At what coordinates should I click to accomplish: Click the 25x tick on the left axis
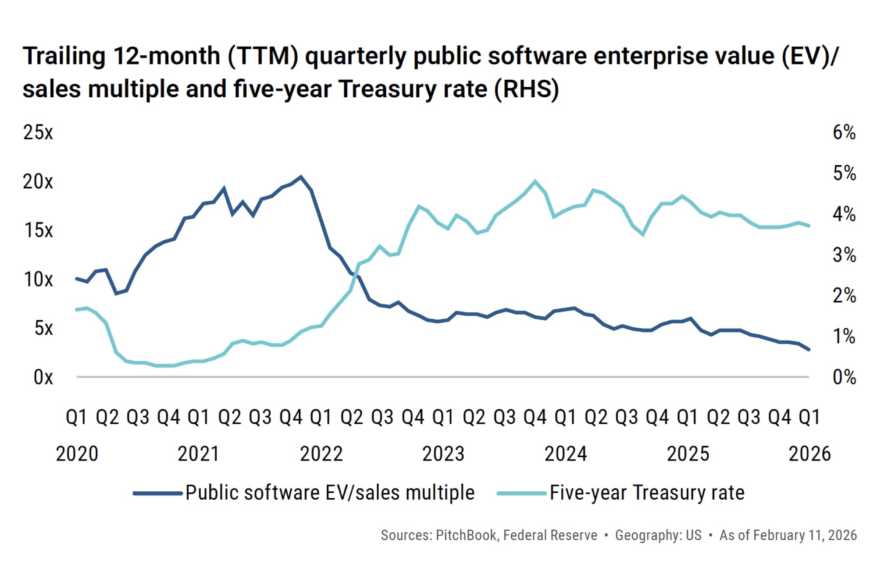click(x=38, y=132)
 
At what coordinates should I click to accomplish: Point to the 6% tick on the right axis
click(x=844, y=132)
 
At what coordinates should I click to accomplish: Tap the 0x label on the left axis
click(x=43, y=377)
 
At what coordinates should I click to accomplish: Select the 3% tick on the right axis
click(x=844, y=255)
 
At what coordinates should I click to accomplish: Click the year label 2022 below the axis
click(x=321, y=454)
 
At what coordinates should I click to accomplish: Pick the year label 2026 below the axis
click(x=809, y=454)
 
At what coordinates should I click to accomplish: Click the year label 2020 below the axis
click(x=77, y=454)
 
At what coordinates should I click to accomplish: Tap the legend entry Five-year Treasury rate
click(x=647, y=493)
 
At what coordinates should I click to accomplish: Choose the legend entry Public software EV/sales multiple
click(x=330, y=493)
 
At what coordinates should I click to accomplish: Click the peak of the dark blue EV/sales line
click(x=301, y=177)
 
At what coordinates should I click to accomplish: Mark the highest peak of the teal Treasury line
click(x=535, y=181)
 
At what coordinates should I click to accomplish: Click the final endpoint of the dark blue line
click(x=809, y=350)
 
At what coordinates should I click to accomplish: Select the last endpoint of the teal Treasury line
click(x=809, y=226)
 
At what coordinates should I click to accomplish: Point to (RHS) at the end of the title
click(x=526, y=89)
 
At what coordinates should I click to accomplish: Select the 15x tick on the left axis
click(x=38, y=230)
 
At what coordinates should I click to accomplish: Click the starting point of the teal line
click(x=77, y=310)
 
